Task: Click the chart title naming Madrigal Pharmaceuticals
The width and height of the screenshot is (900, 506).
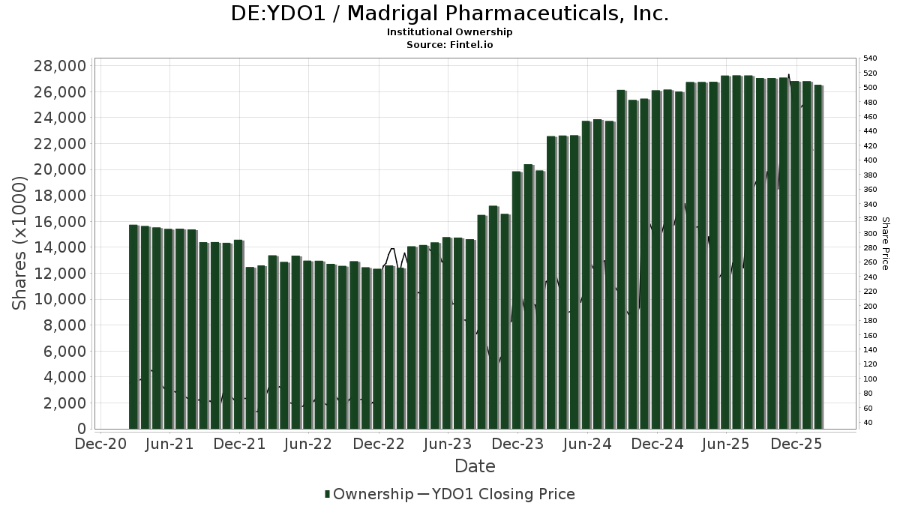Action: pos(449,13)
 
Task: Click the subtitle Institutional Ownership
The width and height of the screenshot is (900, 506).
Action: pos(449,32)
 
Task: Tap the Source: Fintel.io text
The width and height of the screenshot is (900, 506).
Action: pos(449,45)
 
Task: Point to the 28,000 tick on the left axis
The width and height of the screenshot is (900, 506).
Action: pos(61,66)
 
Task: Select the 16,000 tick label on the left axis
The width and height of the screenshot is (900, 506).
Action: pos(61,222)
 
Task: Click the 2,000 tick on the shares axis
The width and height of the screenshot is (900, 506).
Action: pos(65,403)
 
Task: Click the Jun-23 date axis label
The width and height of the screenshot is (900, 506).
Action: pos(448,445)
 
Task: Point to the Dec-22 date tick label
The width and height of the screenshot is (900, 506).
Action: pos(379,445)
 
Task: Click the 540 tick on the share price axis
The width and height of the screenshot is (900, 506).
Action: pos(870,58)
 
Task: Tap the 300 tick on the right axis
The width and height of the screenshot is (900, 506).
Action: pos(870,233)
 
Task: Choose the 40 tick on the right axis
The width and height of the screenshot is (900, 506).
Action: pos(868,423)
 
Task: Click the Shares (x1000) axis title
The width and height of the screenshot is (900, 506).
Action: pos(19,243)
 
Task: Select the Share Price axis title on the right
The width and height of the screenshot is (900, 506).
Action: pos(886,243)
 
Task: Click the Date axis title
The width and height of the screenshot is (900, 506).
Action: pos(475,466)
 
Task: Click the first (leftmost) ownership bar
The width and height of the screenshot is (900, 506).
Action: pos(133,327)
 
